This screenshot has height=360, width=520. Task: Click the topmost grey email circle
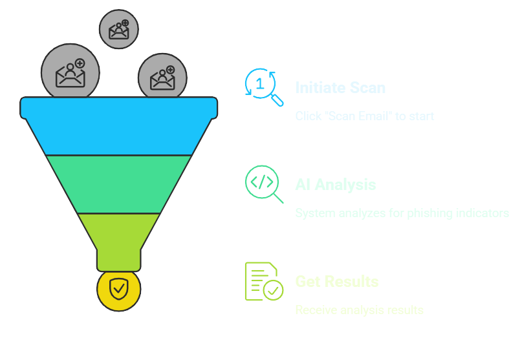118,29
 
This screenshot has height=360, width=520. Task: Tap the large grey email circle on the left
70,72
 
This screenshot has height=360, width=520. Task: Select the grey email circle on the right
162,78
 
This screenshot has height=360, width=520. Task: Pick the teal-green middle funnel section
119,184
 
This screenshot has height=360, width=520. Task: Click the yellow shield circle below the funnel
119,289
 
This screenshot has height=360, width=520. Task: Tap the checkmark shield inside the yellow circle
119,288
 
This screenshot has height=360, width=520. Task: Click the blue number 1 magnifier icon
263,87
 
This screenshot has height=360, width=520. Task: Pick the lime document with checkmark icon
263,282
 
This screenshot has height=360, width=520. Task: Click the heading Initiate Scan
340,87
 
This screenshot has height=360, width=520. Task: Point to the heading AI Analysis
335,185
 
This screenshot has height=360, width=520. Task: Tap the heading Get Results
336,282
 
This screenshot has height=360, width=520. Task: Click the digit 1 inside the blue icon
260,83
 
